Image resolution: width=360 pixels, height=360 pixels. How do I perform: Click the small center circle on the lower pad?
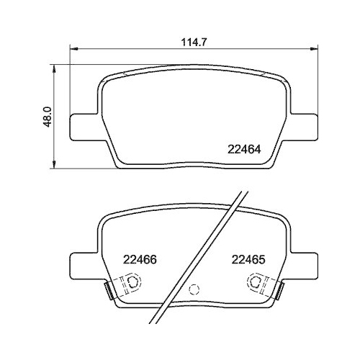tap(192, 291)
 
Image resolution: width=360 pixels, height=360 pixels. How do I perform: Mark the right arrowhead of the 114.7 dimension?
tap(315, 49)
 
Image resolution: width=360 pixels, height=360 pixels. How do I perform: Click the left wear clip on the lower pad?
tap(108, 290)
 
